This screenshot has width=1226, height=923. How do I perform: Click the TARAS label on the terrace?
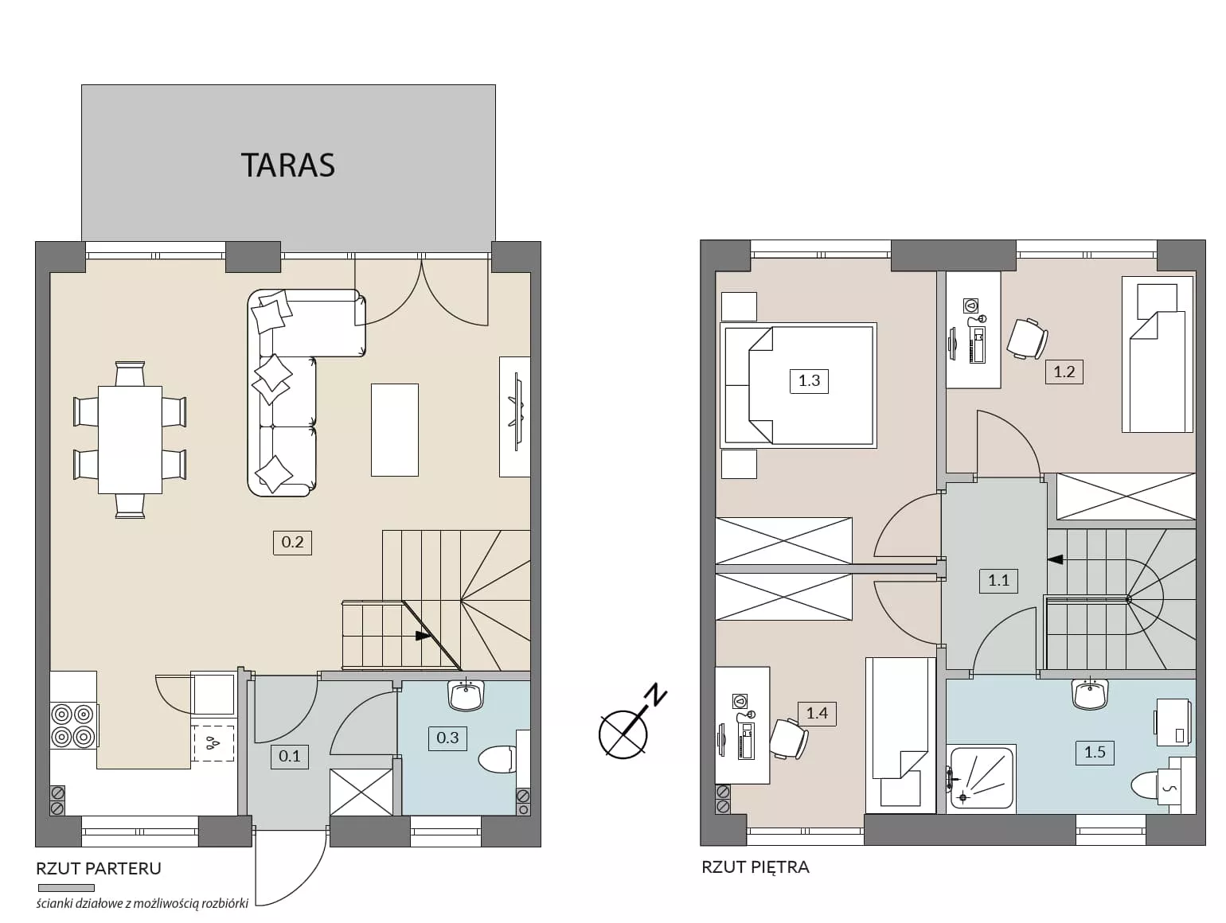click(x=288, y=166)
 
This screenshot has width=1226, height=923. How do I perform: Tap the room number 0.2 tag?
click(x=292, y=542)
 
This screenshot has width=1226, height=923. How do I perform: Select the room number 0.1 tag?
click(x=289, y=756)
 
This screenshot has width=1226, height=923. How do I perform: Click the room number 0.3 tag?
click(x=447, y=738)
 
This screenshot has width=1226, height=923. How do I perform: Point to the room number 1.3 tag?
click(x=809, y=380)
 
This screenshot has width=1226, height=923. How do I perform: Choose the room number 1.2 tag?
click(x=1064, y=372)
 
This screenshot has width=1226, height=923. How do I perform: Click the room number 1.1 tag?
click(x=998, y=580)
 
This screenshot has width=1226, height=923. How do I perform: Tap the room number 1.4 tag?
click(x=817, y=713)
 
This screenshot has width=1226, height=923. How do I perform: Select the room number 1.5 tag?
click(x=1095, y=752)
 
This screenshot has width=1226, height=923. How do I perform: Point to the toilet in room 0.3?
click(x=498, y=759)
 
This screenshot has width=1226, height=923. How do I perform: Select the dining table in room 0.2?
click(x=130, y=440)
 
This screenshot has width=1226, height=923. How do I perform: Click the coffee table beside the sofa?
click(x=395, y=430)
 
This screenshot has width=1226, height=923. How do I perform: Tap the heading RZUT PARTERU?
click(x=98, y=868)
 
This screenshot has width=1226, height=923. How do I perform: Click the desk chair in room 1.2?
click(x=1028, y=338)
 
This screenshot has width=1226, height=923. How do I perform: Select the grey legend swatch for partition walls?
click(x=66, y=888)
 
